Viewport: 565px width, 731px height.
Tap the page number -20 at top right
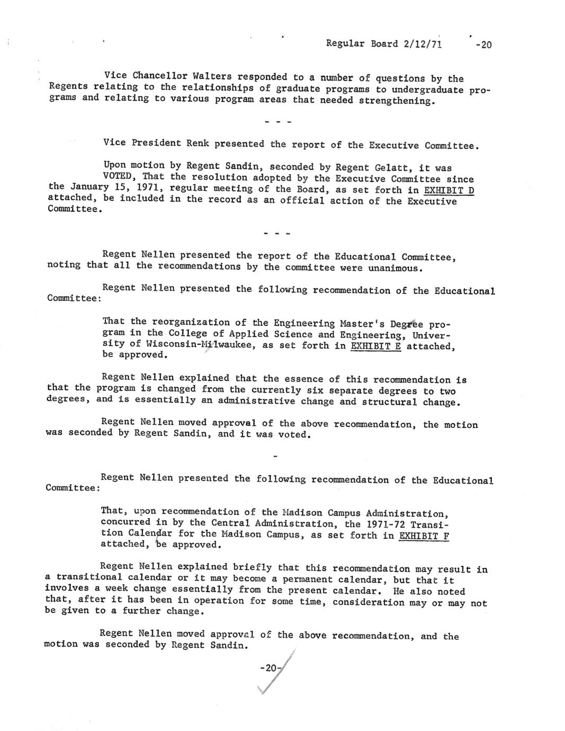tap(483, 44)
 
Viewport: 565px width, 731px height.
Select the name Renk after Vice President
tap(197, 143)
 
